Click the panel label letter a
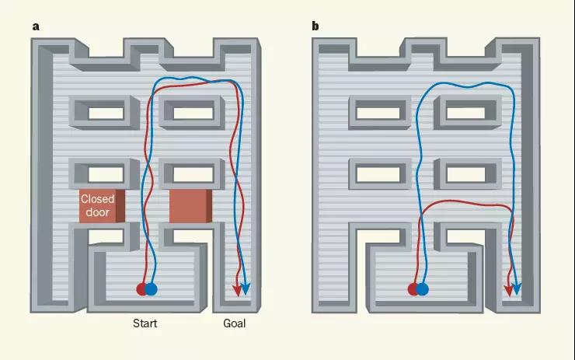36,26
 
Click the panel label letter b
315,26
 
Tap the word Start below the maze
145,323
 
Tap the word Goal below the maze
235,323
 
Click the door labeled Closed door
102,206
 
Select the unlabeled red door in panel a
190,206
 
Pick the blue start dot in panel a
151,289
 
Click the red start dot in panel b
413,289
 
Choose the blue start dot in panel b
423,289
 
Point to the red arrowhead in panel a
237,290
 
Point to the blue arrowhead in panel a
246,288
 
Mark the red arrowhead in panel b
508,290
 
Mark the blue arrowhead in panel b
517,288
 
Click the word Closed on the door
98,199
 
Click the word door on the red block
98,212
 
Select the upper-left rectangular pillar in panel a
105,112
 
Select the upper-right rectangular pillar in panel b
468,112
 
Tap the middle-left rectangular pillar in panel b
380,173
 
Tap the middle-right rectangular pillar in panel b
468,173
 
